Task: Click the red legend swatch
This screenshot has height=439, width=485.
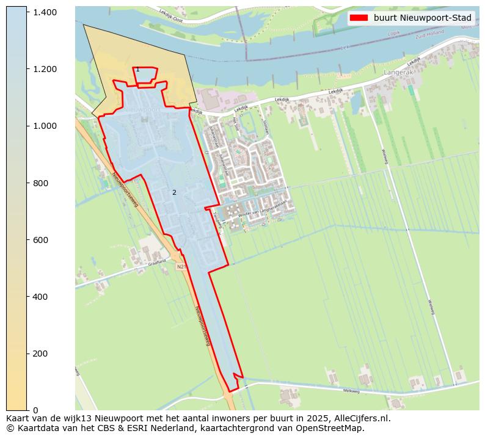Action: pos(359,18)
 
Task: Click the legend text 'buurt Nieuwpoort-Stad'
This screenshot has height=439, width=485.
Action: pos(423,18)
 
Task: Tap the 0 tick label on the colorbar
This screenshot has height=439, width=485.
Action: pos(35,410)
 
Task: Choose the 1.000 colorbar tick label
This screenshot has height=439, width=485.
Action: pos(45,126)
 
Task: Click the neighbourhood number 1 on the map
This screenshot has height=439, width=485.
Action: pos(137,70)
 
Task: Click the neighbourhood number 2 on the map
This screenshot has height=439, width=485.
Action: pos(174,192)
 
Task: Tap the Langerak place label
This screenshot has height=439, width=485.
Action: pos(398,72)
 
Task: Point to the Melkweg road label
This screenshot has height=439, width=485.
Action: pos(351,391)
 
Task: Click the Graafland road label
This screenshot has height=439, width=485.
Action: pos(156,262)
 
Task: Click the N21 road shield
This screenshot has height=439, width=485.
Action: pos(181,267)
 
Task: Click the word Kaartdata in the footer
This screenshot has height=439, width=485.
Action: pos(30,428)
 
